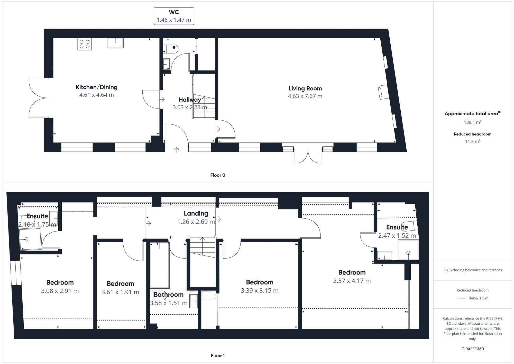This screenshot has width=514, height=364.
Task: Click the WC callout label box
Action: tap(174, 16)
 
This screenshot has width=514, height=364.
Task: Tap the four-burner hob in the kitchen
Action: tap(85, 44)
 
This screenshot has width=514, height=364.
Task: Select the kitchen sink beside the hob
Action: tap(115, 43)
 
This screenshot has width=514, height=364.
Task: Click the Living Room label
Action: tap(305, 88)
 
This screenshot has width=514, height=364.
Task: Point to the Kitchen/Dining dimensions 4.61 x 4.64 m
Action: tap(96, 95)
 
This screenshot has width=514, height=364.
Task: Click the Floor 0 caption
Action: tap(217, 175)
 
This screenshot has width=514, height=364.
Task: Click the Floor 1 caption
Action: tap(217, 356)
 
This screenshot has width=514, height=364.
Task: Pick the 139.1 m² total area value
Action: tap(472, 122)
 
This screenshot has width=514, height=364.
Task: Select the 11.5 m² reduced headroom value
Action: tap(472, 141)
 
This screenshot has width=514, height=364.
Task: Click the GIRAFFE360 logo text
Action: tap(472, 349)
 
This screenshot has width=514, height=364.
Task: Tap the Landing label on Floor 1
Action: tap(196, 213)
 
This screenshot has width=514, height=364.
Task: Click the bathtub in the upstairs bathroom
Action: tap(160, 265)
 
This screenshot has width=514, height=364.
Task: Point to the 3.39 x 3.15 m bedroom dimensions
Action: tap(259, 290)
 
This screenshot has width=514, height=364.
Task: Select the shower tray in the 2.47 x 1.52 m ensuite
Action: tap(408, 250)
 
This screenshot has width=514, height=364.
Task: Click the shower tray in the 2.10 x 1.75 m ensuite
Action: tap(30, 239)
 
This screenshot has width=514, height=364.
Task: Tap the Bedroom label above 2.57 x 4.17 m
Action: tap(352, 272)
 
